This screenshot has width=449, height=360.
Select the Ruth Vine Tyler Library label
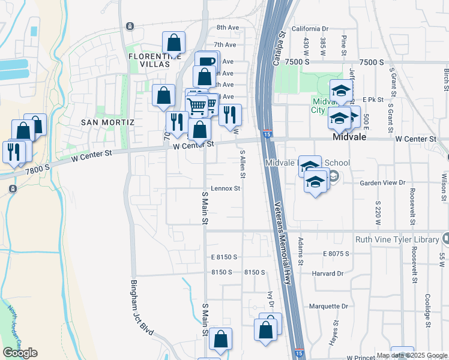pos(397,239)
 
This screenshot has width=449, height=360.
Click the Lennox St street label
pos(225,188)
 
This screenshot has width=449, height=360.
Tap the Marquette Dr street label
pos(328,306)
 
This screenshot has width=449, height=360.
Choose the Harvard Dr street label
pos(327,274)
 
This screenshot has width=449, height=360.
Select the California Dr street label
pos(310,28)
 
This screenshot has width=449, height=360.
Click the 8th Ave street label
pos(228,28)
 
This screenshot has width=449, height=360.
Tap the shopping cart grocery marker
pos(198,106)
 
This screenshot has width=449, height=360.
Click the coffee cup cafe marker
pos(207,61)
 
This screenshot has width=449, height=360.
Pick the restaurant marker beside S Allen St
pos(230,113)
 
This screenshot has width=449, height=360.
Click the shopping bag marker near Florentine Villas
pos(173,42)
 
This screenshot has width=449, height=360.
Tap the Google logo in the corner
pos(20,353)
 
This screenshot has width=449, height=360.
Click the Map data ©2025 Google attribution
pos(412,355)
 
